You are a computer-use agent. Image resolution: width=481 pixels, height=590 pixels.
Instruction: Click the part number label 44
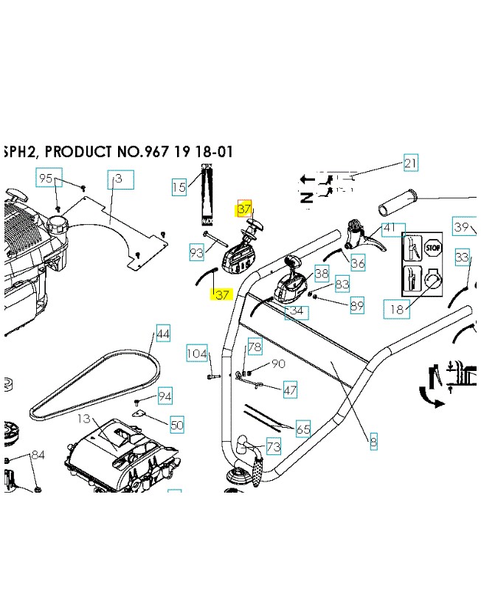click(163, 335)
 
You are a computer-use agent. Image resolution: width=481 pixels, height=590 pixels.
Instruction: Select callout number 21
click(410, 164)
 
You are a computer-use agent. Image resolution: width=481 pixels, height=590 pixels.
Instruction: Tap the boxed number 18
click(397, 309)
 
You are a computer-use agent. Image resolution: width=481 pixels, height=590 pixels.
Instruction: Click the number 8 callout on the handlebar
click(373, 442)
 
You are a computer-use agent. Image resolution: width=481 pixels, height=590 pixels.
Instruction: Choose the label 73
click(273, 447)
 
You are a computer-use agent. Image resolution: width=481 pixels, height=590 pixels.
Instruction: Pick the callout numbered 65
click(303, 428)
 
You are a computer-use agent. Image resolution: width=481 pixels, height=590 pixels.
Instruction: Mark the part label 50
click(176, 425)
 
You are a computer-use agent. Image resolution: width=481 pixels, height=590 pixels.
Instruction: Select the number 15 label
click(179, 187)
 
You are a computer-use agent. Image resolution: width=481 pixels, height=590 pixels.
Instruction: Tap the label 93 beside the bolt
click(196, 253)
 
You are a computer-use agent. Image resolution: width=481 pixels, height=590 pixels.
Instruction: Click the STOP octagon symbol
click(432, 249)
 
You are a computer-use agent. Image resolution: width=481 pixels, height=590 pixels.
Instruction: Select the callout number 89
click(357, 305)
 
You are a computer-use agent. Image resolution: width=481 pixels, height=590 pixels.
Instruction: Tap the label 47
click(290, 390)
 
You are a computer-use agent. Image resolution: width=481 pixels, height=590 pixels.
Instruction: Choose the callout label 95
click(46, 178)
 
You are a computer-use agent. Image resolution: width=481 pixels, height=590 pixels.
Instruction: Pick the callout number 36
click(358, 263)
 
